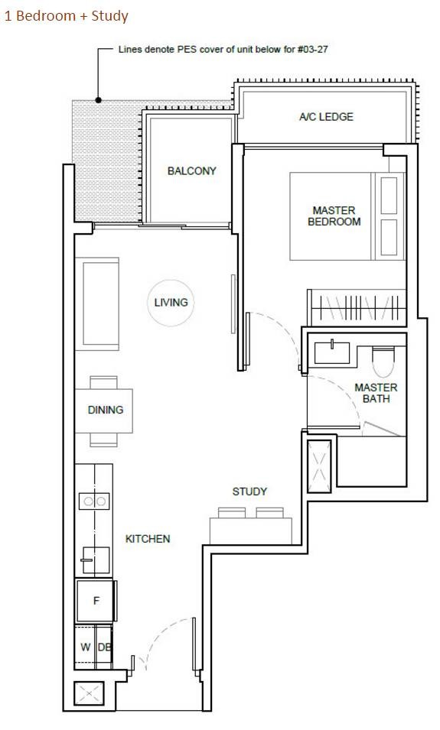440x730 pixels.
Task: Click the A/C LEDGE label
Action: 326,117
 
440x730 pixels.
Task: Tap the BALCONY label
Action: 191,171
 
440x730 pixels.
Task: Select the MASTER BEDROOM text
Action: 334,216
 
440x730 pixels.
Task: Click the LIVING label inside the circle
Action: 171,303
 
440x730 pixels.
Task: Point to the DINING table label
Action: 106,410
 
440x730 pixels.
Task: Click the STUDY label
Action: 249,492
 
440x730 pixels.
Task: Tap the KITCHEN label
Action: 147,539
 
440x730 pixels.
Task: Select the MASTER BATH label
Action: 376,393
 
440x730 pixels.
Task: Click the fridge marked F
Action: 96,601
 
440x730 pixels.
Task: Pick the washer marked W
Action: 85,647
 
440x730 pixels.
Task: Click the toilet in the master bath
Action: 383,362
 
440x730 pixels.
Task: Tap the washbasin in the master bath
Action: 332,352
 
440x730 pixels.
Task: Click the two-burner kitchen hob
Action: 95,501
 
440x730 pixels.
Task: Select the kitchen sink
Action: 96,560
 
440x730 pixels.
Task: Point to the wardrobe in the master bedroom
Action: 357,308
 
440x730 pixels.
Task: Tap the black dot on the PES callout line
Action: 99,99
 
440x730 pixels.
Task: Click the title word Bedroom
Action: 46,16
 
